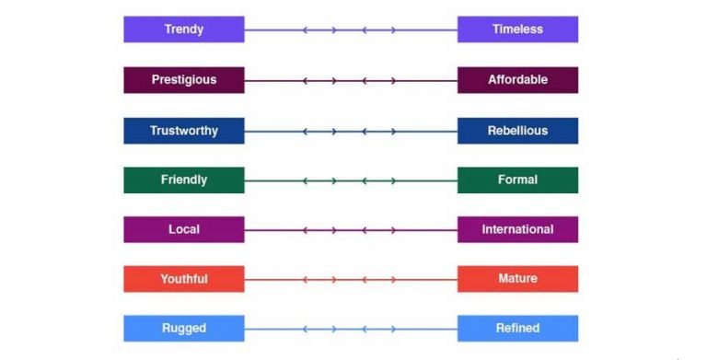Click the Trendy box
[183, 29]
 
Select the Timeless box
[517, 29]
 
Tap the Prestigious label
[183, 80]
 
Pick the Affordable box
[517, 80]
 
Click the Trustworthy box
[183, 131]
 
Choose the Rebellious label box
[517, 131]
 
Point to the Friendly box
[183, 180]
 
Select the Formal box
[517, 180]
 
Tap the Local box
[183, 229]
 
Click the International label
[517, 229]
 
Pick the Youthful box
[183, 279]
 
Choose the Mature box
[517, 279]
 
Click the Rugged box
[183, 329]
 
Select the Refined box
[517, 329]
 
